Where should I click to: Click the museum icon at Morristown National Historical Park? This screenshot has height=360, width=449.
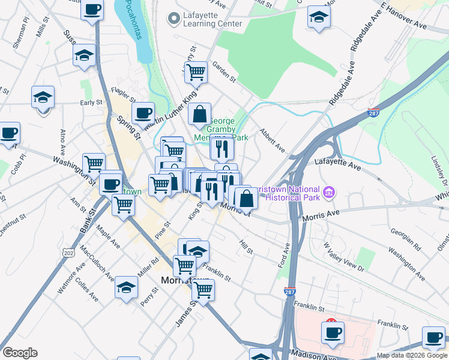(328, 193)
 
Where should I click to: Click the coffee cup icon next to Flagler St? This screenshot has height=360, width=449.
(143, 112)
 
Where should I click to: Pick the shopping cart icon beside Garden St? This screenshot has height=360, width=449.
(196, 72)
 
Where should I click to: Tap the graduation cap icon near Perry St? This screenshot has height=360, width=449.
(126, 288)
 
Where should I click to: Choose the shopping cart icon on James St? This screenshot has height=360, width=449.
(203, 290)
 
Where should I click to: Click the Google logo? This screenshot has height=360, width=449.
(20, 353)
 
